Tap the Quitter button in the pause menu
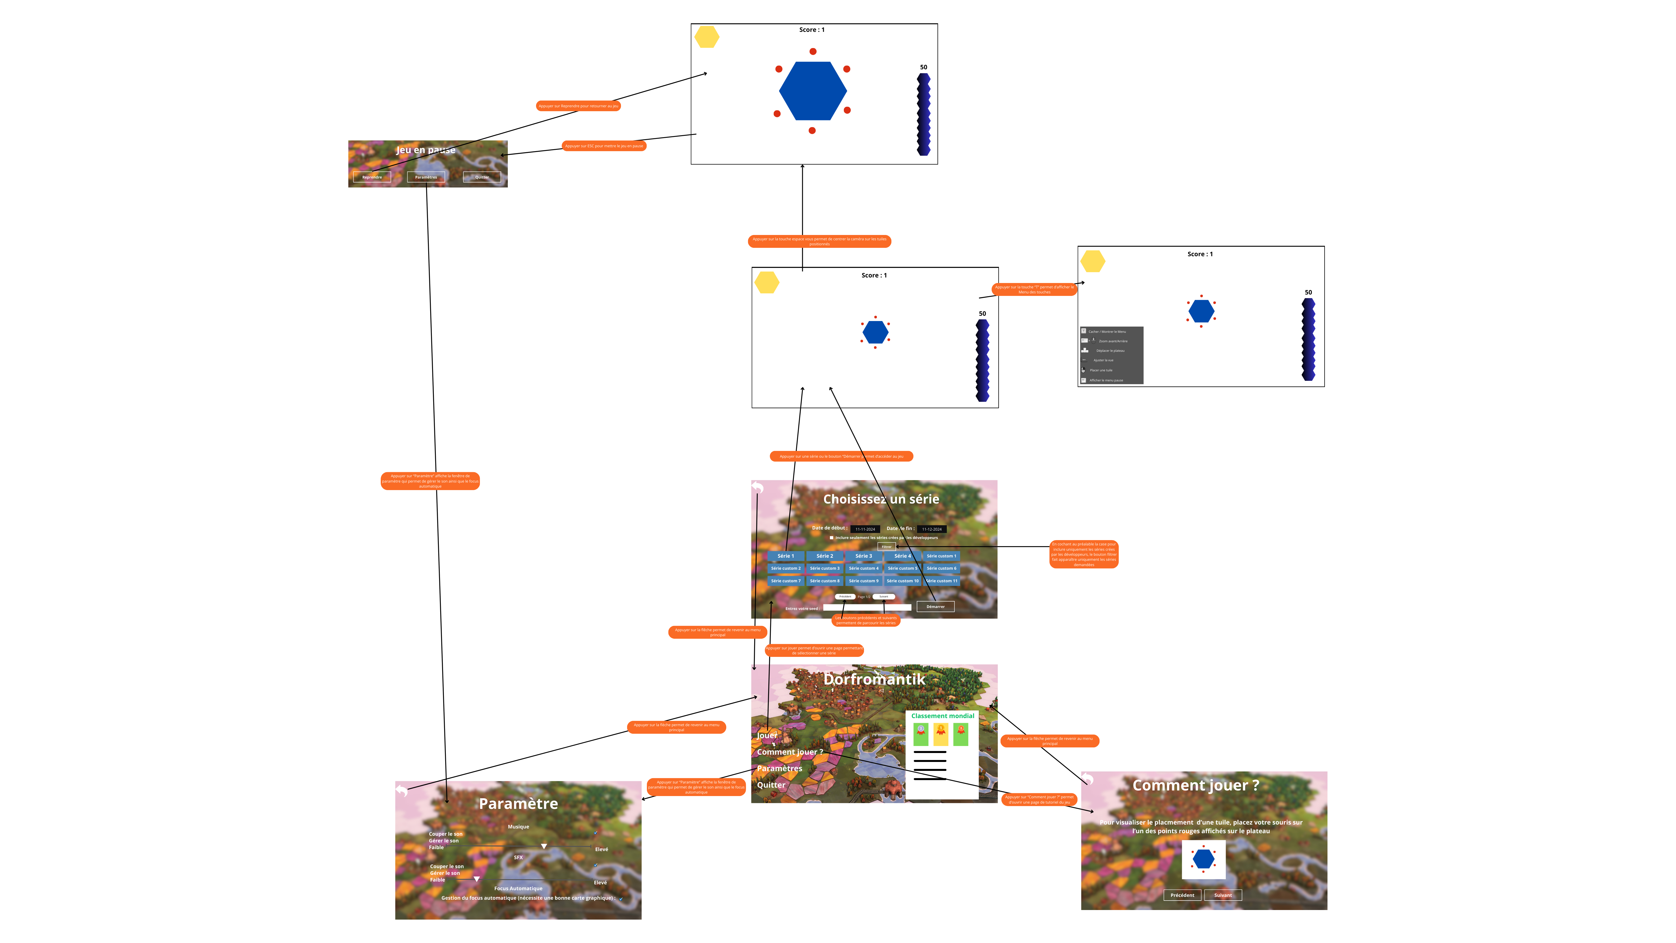[482, 177]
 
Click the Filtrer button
[886, 547]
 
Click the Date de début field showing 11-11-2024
[865, 529]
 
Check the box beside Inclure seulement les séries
[832, 538]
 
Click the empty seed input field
[866, 608]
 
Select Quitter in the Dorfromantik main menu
[771, 785]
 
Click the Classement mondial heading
[942, 716]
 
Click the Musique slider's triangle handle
[544, 846]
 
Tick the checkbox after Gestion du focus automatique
[621, 899]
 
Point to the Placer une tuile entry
[1101, 370]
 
